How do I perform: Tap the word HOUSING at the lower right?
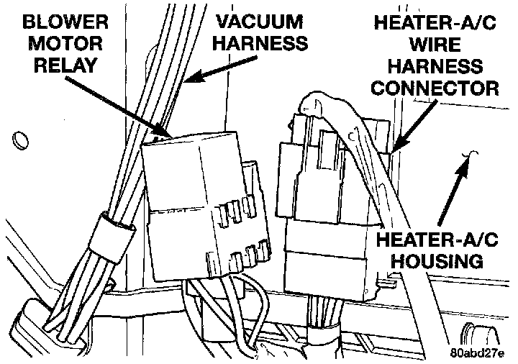(x=431, y=259)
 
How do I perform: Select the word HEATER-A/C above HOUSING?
(x=431, y=237)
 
